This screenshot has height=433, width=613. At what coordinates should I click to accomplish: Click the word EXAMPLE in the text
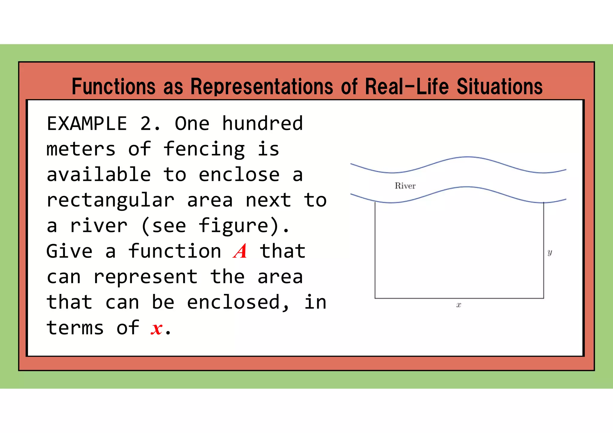tap(87, 124)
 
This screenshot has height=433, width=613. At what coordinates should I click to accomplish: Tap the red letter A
tap(240, 251)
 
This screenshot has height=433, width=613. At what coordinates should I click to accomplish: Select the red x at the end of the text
tap(157, 328)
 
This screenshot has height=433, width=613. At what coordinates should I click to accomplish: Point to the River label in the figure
tap(405, 186)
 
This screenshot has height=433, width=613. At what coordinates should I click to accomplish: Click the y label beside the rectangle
tap(550, 252)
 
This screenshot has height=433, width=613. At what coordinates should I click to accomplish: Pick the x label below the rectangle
tap(459, 305)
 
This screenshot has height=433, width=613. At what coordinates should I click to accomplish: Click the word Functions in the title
tap(113, 86)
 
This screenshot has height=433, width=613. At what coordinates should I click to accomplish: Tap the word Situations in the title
tap(500, 86)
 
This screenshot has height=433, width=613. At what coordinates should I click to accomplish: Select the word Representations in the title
tap(262, 86)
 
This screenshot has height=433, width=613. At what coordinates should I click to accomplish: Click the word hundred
tap(263, 124)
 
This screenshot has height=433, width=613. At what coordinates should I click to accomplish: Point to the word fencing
tap(204, 149)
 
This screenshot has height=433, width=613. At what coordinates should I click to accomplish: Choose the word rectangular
tap(110, 200)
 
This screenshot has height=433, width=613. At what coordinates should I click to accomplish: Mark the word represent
tap(145, 277)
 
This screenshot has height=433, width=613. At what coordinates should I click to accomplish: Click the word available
tap(99, 175)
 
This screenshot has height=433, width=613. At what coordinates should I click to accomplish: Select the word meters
tap(81, 149)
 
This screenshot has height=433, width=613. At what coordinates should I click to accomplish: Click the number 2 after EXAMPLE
tap(146, 124)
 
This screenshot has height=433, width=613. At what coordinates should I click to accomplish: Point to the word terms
tap(75, 328)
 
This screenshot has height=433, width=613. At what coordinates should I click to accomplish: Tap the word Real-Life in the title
tap(407, 86)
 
